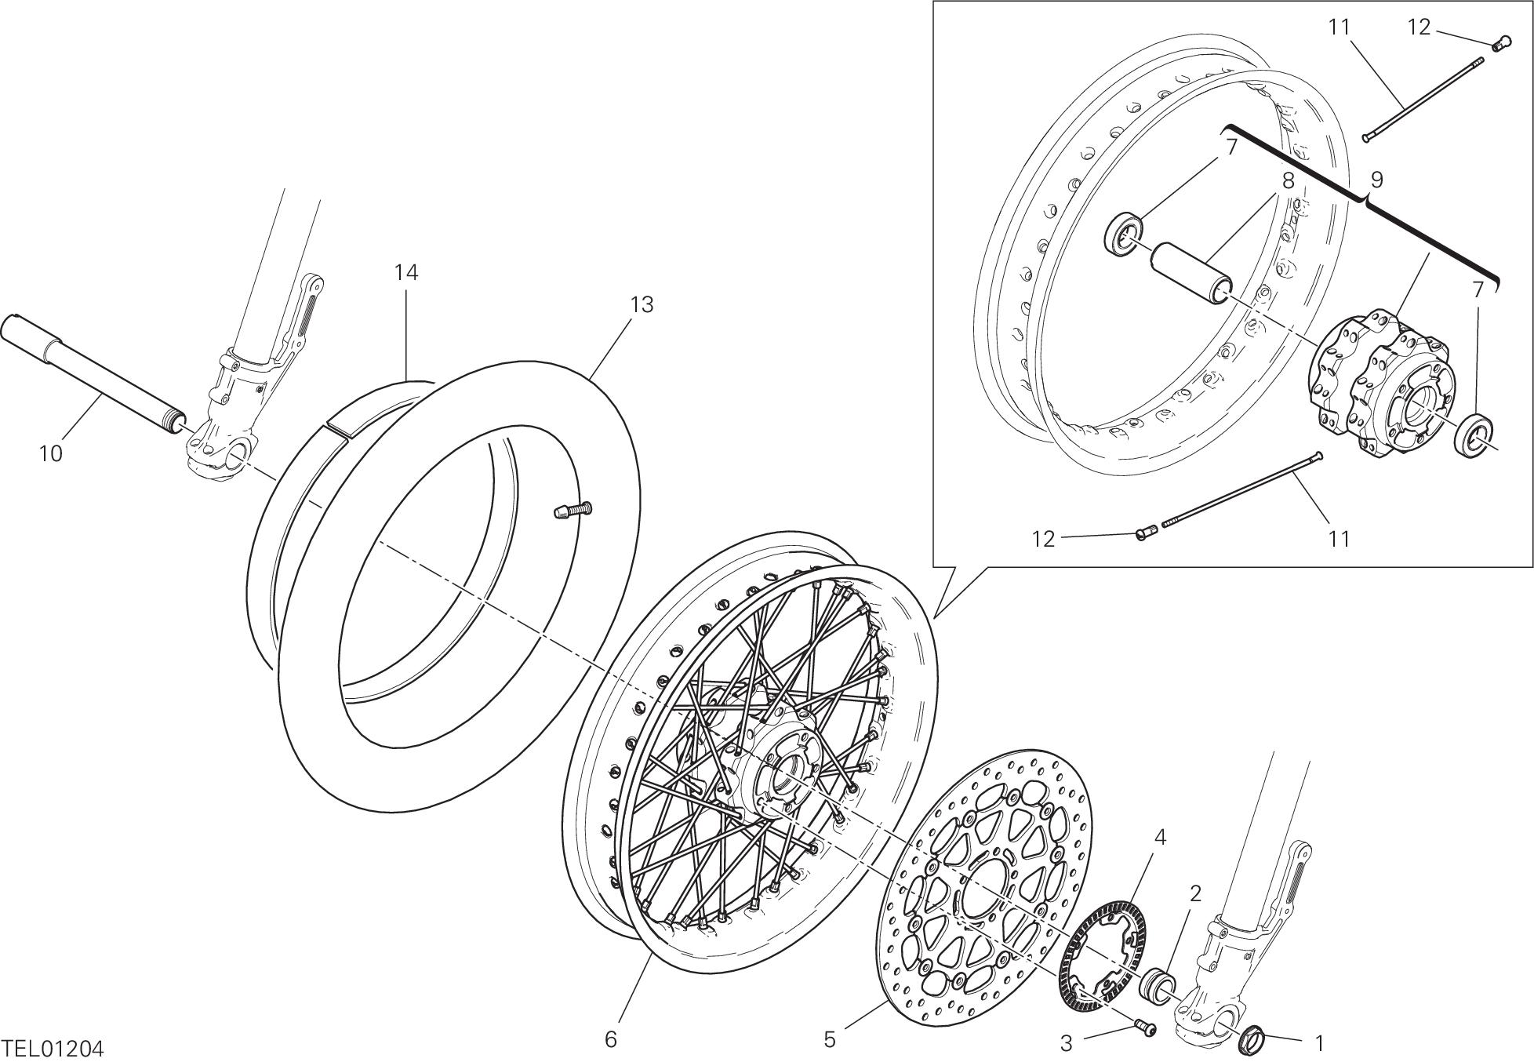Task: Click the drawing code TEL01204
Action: click(53, 1049)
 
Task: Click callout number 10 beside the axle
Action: click(51, 453)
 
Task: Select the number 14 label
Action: click(406, 273)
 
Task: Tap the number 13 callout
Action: click(642, 305)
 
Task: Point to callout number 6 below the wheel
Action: click(612, 1040)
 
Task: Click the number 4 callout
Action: click(1160, 838)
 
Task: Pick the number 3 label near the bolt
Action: click(1066, 1043)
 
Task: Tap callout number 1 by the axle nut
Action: click(1320, 1043)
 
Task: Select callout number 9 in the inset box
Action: click(1376, 180)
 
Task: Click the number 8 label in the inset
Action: click(1289, 180)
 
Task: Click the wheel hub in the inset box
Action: click(1380, 384)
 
